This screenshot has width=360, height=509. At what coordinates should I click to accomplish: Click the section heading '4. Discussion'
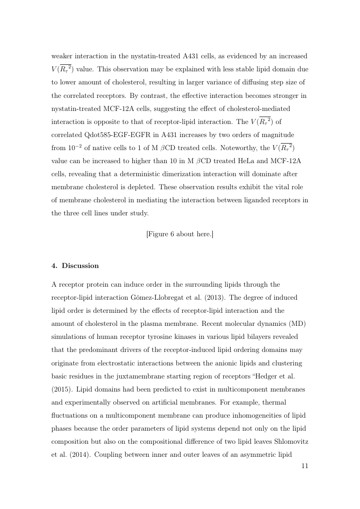[75, 266]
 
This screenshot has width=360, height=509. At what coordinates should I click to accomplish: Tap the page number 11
[304, 466]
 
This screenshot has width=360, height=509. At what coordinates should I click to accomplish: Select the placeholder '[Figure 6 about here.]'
[180, 234]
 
